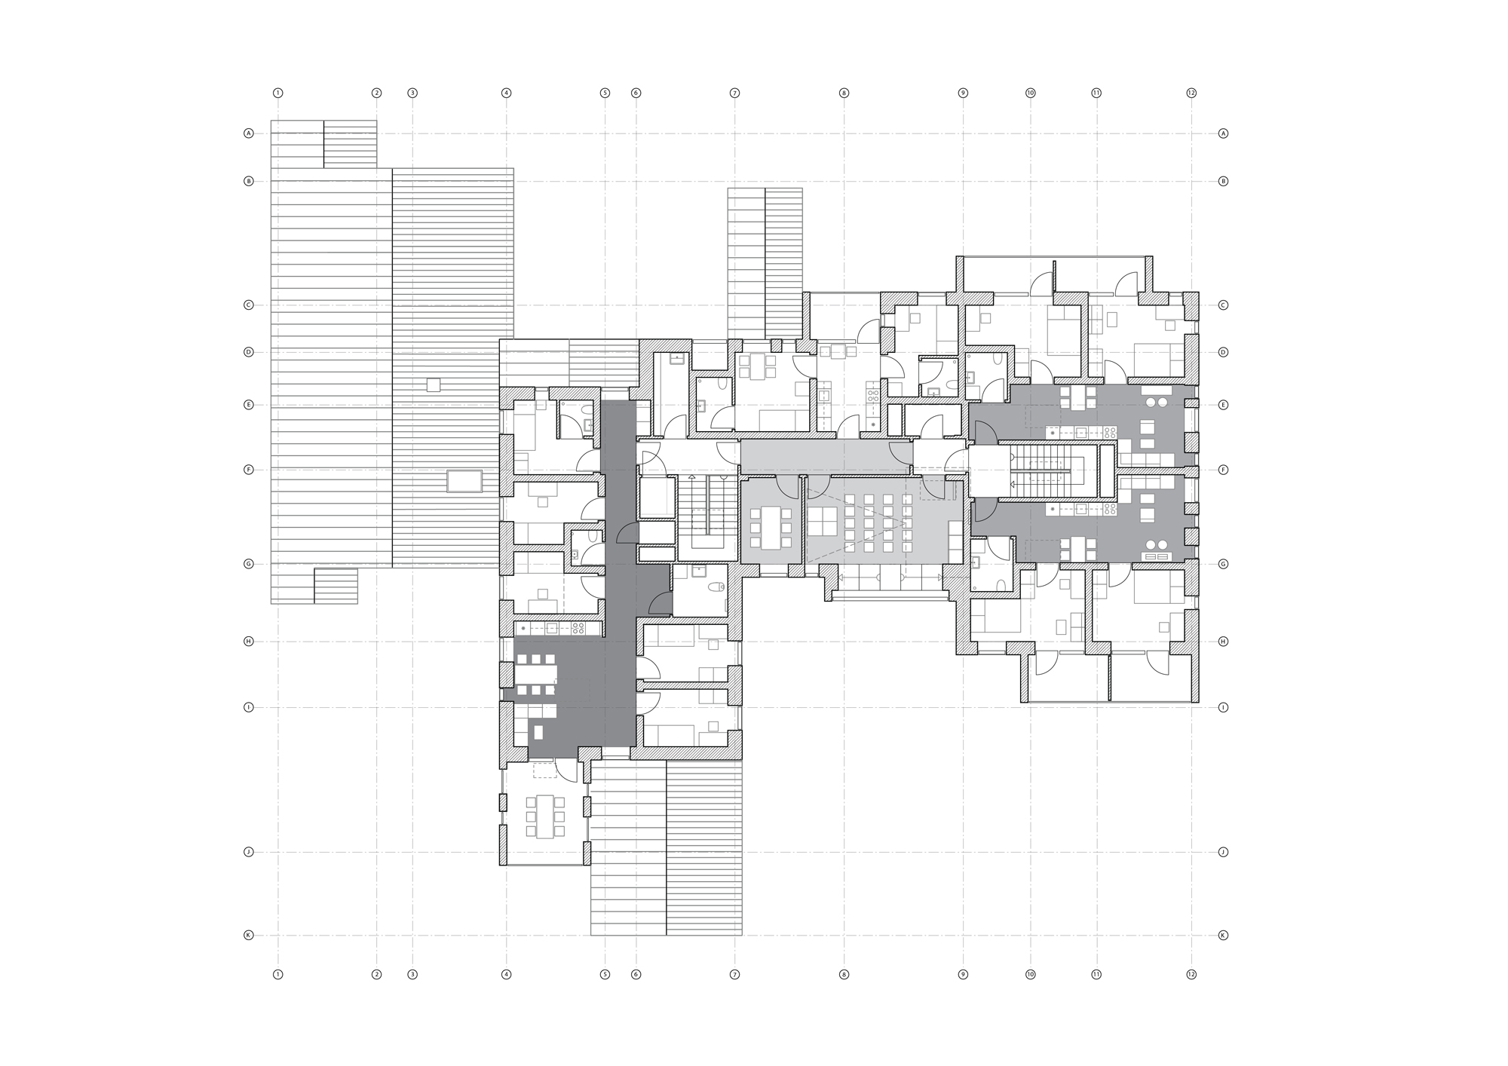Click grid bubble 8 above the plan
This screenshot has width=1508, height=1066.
844,93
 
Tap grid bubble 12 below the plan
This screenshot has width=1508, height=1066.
1191,975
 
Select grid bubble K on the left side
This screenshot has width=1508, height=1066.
248,936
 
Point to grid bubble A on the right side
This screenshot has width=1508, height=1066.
1223,133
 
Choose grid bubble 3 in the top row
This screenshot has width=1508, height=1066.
412,93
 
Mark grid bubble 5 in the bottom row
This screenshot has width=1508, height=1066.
605,975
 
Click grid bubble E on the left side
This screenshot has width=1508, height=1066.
248,405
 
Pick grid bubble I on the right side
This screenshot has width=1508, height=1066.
1223,708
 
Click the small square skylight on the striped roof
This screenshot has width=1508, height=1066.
434,384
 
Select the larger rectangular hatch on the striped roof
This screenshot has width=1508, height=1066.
464,481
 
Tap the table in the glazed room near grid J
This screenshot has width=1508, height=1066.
544,816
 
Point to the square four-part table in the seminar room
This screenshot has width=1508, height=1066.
824,520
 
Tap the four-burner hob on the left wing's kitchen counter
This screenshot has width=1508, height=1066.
578,628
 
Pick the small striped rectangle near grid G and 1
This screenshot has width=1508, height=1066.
336,586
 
